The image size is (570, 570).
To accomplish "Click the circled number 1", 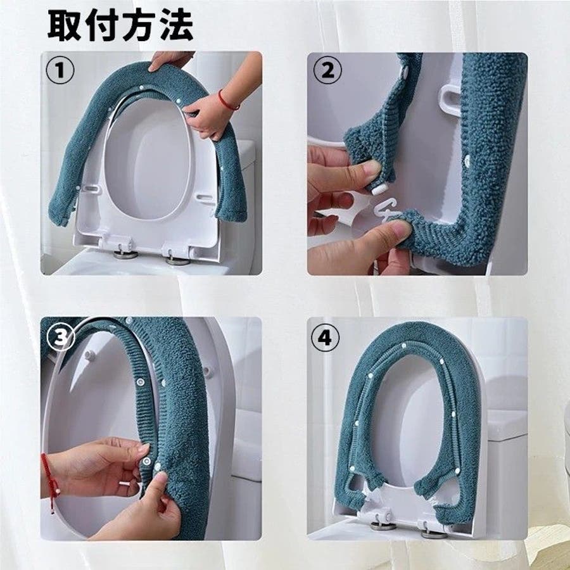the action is click(60, 70).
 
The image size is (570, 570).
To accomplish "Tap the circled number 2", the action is click(327, 70).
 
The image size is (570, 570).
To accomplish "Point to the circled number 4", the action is click(326, 338).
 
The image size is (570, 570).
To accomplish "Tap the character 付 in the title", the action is click(102, 25).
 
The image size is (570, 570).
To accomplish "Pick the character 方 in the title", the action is click(139, 25).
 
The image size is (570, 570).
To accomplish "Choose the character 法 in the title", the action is click(175, 25).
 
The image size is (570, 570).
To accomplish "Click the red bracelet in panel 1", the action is click(227, 101).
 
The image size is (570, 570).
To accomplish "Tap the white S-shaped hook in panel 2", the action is click(388, 211).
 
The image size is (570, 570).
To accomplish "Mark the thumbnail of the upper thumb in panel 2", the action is click(372, 168).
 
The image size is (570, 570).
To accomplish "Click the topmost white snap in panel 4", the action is click(403, 345).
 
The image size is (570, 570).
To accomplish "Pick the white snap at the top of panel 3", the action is click(129, 321).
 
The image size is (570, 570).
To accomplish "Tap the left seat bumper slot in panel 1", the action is click(91, 189).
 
